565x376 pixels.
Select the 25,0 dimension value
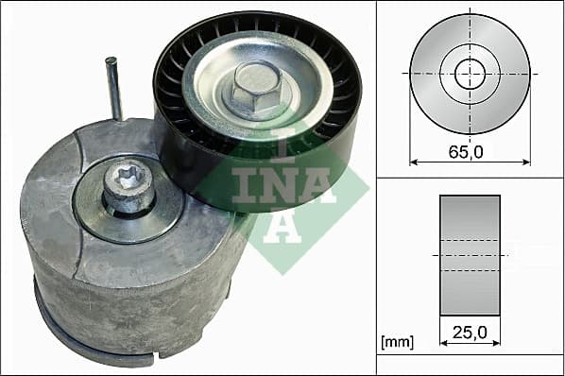coord(470,332)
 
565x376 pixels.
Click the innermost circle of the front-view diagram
coord(470,73)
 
